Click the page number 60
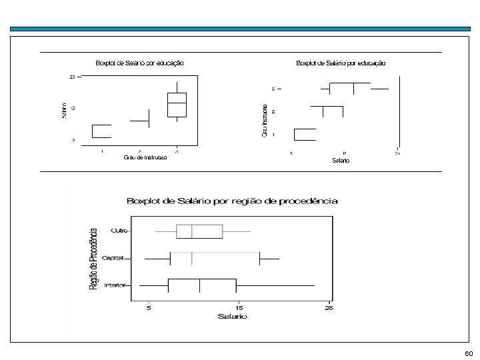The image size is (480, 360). tap(469, 352)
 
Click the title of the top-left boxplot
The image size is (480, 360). tap(140, 63)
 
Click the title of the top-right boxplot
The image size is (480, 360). tap(340, 63)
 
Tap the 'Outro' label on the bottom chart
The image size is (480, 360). tap(119, 231)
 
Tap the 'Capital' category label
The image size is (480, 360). tap(117, 258)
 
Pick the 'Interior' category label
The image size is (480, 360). tap(117, 285)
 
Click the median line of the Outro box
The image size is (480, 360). tap(192, 231)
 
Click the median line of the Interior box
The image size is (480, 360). tap(200, 285)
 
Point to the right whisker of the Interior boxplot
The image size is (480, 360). tap(275, 285)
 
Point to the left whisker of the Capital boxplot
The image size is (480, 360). tap(157, 258)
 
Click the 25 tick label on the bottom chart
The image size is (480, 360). tap(329, 307)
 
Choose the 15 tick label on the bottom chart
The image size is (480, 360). tap(239, 307)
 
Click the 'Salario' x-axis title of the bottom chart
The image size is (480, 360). tap(232, 317)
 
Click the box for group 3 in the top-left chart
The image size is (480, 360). tap(177, 103)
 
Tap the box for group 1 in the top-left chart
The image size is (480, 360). tap(101, 131)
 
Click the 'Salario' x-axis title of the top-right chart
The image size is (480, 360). tap(341, 161)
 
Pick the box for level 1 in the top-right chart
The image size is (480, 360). tap(305, 135)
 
